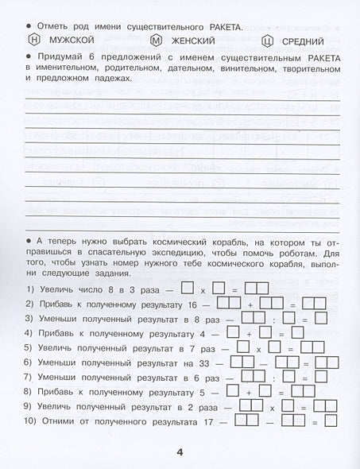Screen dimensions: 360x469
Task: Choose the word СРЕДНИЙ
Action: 302,41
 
